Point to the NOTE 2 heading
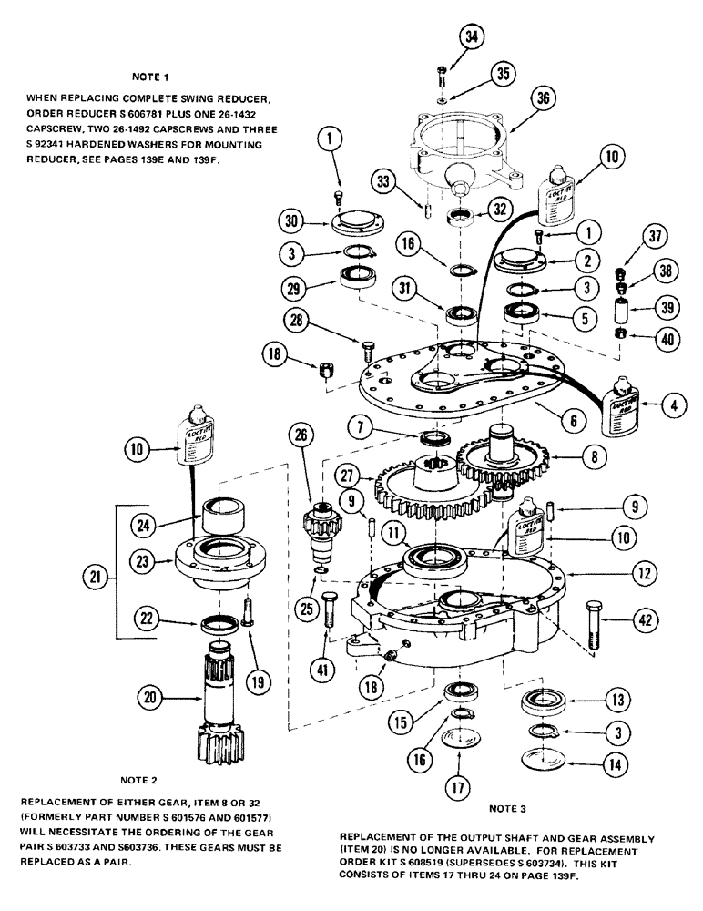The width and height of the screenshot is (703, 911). (138, 780)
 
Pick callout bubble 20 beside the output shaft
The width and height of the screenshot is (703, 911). (148, 698)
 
